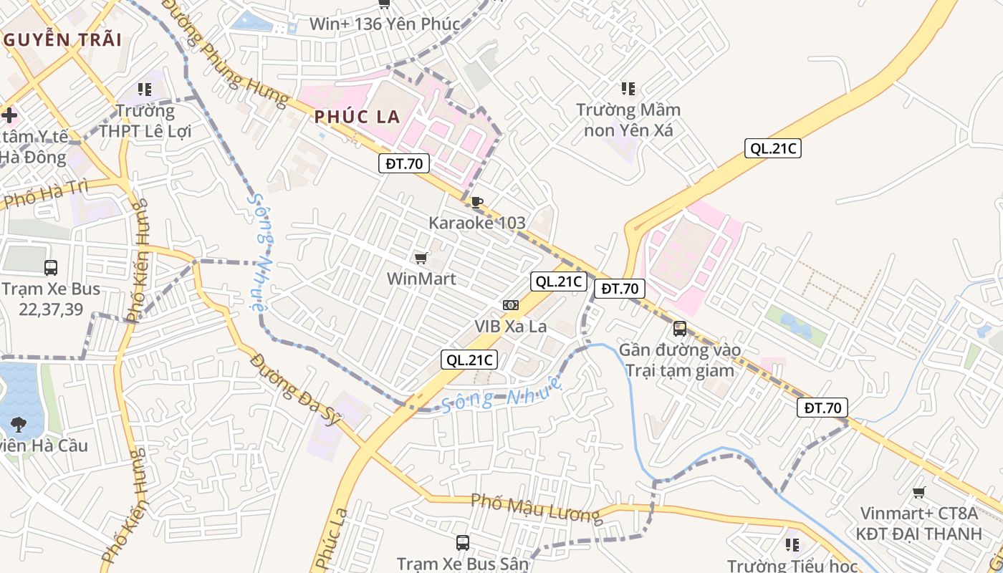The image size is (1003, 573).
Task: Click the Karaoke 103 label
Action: (477, 223)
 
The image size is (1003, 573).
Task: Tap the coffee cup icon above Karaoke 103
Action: (477, 202)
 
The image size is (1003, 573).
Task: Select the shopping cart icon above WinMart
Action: (421, 258)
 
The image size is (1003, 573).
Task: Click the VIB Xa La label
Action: (510, 327)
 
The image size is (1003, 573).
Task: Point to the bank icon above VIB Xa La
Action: (510, 305)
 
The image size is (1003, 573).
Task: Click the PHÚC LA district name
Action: (357, 117)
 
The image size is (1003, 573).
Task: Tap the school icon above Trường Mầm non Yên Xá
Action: (628, 89)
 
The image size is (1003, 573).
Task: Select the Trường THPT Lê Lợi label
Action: (145, 121)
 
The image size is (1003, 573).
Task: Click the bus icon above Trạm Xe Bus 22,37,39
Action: (51, 268)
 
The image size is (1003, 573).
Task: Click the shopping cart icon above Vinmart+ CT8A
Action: (918, 493)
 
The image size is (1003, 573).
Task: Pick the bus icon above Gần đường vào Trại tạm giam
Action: (679, 329)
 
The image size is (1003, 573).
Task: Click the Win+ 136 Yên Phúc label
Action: (384, 24)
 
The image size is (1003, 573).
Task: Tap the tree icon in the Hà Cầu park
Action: (18, 423)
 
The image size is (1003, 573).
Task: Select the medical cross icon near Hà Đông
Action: (9, 115)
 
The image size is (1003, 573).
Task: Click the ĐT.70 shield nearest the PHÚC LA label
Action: (404, 163)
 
